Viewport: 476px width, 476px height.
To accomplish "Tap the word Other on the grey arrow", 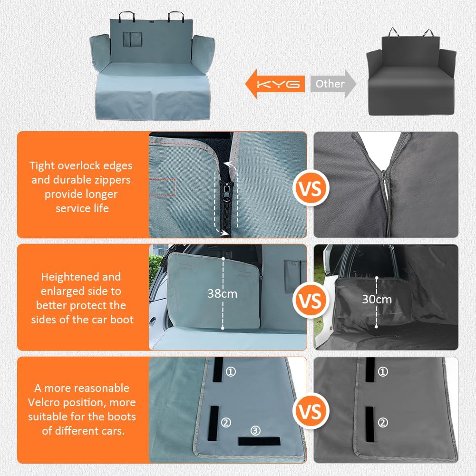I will pyautogui.click(x=330, y=84).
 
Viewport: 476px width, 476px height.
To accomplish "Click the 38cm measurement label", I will pyautogui.click(x=222, y=293).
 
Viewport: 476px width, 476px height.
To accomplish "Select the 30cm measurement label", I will pyautogui.click(x=377, y=299).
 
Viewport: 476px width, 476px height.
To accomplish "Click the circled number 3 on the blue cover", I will pyautogui.click(x=256, y=431).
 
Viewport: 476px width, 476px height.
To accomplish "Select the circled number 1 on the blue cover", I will pyautogui.click(x=231, y=371).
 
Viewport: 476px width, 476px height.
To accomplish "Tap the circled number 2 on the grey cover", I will pyautogui.click(x=383, y=422).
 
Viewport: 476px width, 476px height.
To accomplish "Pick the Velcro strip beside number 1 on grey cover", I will pyautogui.click(x=369, y=369).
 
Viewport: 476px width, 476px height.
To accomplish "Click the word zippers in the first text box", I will pyautogui.click(x=111, y=180).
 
